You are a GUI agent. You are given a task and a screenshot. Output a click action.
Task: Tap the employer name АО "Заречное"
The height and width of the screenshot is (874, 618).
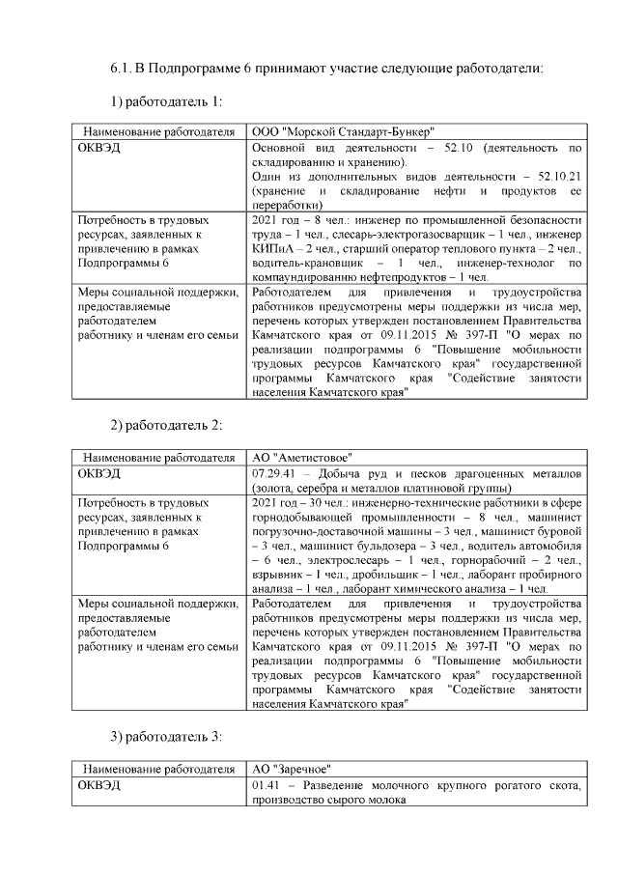click(x=293, y=770)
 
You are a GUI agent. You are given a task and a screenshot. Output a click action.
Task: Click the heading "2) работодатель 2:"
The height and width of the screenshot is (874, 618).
click(x=166, y=426)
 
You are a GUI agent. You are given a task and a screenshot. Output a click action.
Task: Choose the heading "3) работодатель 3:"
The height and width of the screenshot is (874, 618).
click(x=166, y=738)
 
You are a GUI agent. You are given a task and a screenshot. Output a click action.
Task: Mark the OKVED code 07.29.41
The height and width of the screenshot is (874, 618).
click(x=274, y=473)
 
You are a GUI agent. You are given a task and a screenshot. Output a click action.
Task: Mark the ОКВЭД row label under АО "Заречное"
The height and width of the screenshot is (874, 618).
click(x=99, y=786)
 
